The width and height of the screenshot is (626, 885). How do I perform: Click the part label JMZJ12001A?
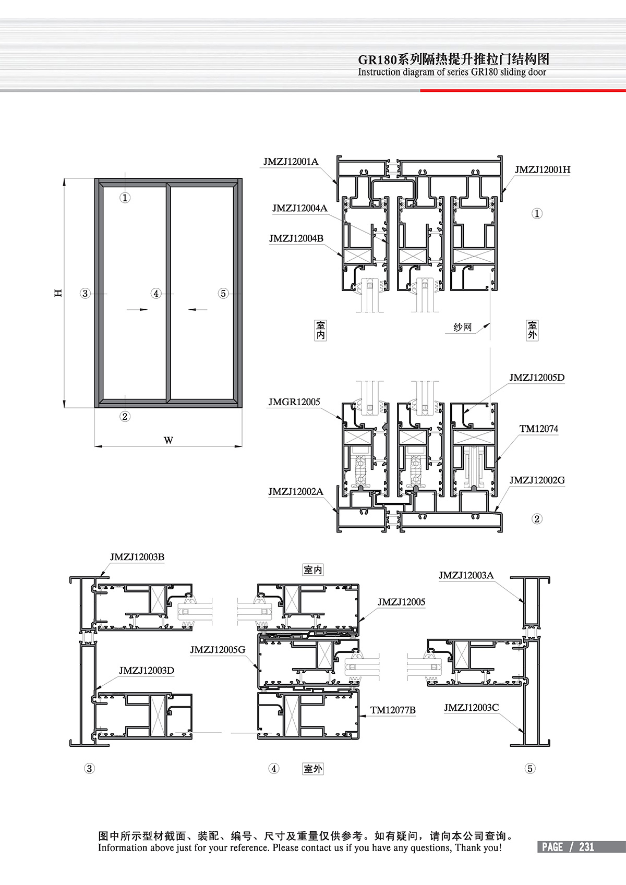click(x=291, y=162)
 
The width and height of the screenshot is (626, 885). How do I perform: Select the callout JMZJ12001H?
click(x=542, y=170)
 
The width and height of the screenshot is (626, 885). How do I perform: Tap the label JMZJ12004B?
click(x=296, y=239)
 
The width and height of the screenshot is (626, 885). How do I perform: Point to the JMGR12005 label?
click(x=294, y=402)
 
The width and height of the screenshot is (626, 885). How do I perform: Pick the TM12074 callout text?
click(x=539, y=429)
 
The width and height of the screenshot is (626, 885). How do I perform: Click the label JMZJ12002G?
click(x=537, y=480)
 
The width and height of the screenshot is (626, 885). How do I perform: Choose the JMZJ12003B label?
click(x=137, y=557)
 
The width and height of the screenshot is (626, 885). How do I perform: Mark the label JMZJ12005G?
click(x=218, y=650)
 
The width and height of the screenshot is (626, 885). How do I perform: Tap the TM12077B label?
click(x=393, y=710)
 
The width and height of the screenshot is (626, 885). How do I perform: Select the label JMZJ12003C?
click(x=471, y=708)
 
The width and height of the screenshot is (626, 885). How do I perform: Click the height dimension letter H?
click(x=58, y=293)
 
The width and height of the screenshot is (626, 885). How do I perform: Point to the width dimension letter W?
click(x=168, y=440)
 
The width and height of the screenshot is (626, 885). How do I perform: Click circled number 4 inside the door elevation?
click(x=156, y=294)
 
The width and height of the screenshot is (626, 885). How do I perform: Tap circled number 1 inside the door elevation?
click(x=125, y=198)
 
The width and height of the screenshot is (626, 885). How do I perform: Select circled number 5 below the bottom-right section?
click(x=530, y=769)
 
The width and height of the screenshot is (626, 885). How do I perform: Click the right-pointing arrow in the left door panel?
click(x=137, y=310)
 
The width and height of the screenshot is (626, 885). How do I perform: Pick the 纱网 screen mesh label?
click(x=462, y=328)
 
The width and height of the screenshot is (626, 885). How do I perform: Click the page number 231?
click(x=586, y=847)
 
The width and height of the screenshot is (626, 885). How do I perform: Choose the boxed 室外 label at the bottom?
click(x=313, y=769)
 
